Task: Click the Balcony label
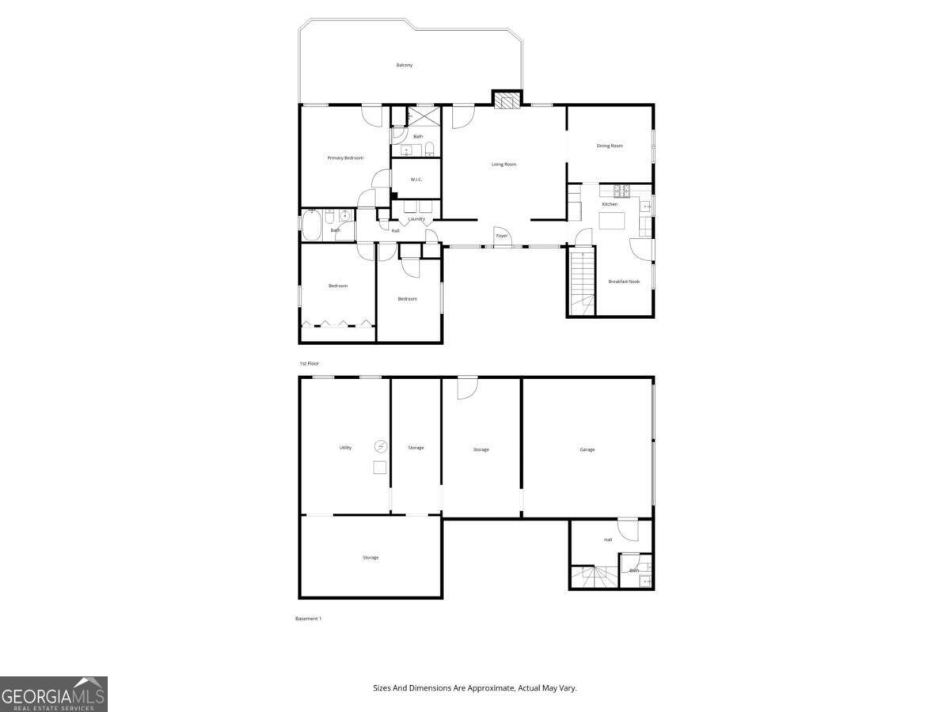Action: click(x=404, y=65)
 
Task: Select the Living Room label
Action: click(x=503, y=165)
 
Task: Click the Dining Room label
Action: click(x=610, y=146)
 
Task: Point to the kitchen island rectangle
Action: click(x=611, y=221)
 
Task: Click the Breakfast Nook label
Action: click(x=624, y=282)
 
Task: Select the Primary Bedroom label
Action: click(x=345, y=158)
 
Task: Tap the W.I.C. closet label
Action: click(x=416, y=180)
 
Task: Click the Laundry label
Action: click(x=416, y=219)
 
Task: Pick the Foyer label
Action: click(x=501, y=236)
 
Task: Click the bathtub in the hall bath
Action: click(x=310, y=225)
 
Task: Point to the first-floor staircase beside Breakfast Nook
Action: click(x=582, y=282)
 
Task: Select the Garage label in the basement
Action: click(x=587, y=449)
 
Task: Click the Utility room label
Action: click(x=345, y=448)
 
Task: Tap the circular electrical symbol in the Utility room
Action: click(x=380, y=446)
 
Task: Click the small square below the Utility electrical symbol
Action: click(x=380, y=468)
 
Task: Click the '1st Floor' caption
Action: click(x=309, y=363)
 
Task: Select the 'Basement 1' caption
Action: click(x=308, y=619)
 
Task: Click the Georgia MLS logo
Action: click(x=53, y=695)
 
